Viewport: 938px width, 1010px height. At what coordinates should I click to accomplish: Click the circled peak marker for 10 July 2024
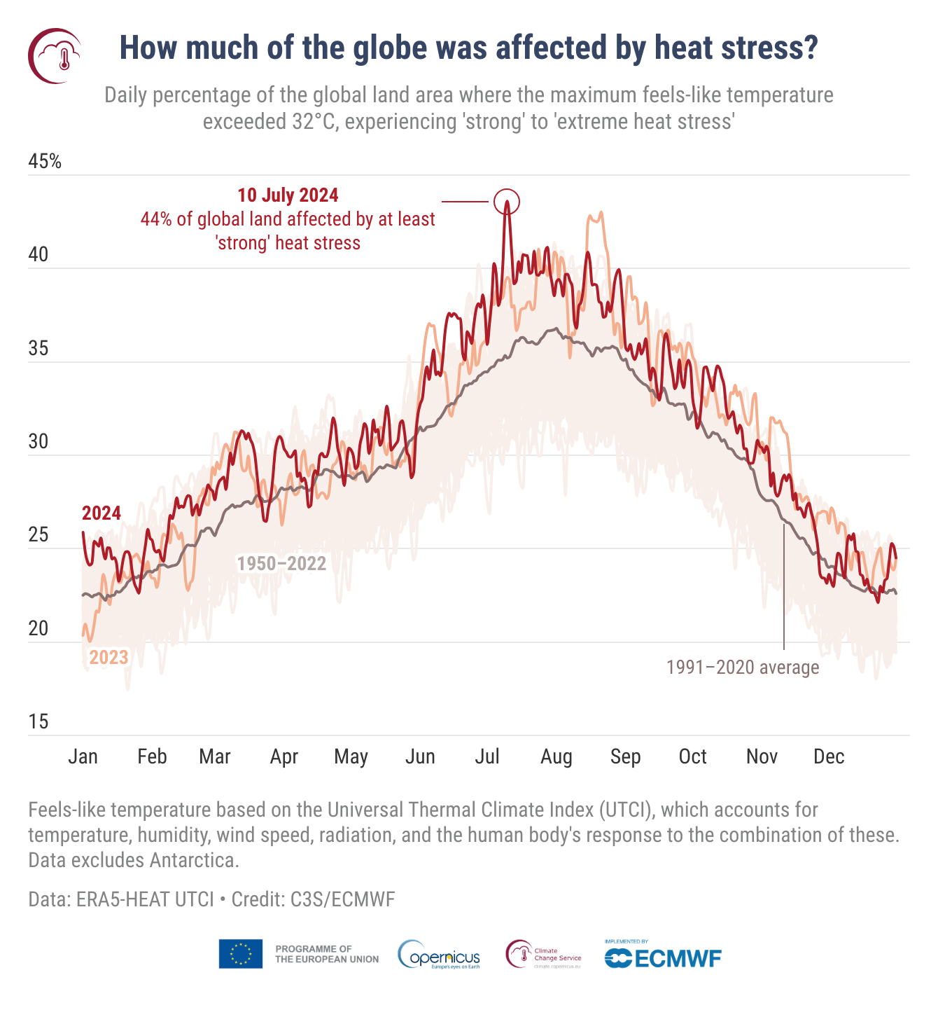pyautogui.click(x=507, y=202)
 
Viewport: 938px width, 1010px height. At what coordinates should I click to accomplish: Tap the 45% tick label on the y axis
pyautogui.click(x=45, y=162)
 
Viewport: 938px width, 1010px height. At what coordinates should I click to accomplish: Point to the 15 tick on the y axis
pyautogui.click(x=38, y=721)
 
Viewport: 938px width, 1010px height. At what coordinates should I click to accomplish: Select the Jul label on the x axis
pyautogui.click(x=487, y=756)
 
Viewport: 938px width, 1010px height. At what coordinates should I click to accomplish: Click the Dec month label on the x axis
pyautogui.click(x=829, y=756)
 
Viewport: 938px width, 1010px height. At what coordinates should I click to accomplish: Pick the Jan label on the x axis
pyautogui.click(x=83, y=756)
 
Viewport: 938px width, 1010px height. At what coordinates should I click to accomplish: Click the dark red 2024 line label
pyautogui.click(x=101, y=513)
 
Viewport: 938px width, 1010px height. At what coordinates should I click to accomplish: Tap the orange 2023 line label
pyautogui.click(x=108, y=657)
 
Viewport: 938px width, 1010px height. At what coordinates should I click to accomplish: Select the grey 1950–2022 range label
pyautogui.click(x=281, y=564)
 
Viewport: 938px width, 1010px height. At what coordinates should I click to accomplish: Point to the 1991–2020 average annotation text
pyautogui.click(x=742, y=667)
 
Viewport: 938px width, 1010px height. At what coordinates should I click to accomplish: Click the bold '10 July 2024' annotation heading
pyautogui.click(x=288, y=195)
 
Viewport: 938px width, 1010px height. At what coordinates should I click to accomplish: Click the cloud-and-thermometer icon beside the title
pyautogui.click(x=55, y=56)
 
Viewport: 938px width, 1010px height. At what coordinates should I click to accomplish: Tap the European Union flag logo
pyautogui.click(x=240, y=954)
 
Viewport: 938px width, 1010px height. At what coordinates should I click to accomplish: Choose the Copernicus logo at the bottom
pyautogui.click(x=439, y=955)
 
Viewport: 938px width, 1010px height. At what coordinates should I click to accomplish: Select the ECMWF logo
pyautogui.click(x=662, y=956)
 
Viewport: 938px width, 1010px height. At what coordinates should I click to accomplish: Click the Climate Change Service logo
pyautogui.click(x=544, y=955)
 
